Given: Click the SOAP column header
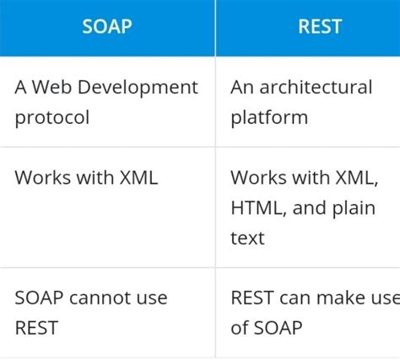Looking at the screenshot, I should coord(106,27).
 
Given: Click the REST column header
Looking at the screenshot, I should coord(320,27).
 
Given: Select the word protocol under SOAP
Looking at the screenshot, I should coord(51,118).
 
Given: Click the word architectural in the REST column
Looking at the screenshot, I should coord(316,88).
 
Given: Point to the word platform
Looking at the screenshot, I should coord(269,118).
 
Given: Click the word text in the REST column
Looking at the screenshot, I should coord(247,239).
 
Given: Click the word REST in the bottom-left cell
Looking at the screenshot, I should coord(35,328).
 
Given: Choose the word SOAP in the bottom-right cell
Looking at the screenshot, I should coord(279,328).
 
